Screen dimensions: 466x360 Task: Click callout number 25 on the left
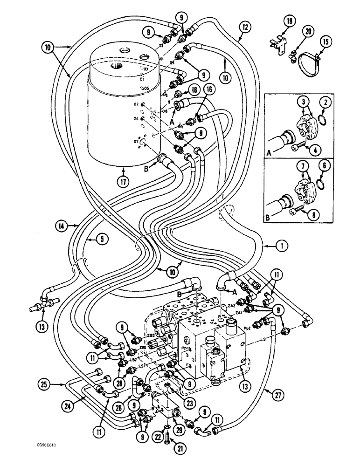pos(44,385)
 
